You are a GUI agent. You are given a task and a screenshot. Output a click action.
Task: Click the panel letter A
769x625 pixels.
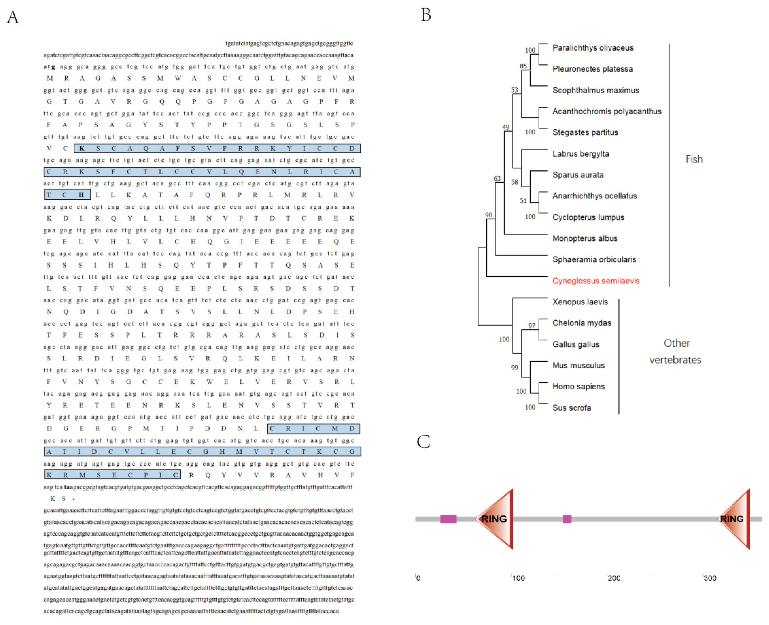[x=13, y=17]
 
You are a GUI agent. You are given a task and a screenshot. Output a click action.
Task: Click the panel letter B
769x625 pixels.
[x=426, y=15]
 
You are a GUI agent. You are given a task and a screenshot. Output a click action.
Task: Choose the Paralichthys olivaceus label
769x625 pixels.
[x=593, y=48]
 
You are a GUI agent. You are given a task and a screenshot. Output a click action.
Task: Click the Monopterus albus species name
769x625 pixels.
[x=585, y=238]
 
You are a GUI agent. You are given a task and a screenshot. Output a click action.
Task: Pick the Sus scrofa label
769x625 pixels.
[x=572, y=408]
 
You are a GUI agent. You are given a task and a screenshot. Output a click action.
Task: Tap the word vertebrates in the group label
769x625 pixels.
[x=675, y=360]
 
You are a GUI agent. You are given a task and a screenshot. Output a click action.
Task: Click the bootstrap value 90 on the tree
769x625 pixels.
[x=488, y=215]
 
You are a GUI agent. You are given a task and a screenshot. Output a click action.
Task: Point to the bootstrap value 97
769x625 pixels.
[x=532, y=325]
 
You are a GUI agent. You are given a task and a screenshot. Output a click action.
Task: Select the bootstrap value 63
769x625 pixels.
[x=497, y=178]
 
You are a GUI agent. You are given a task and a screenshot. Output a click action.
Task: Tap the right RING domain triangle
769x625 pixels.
[x=734, y=519]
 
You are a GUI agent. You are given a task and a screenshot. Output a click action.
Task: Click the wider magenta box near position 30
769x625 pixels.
[x=448, y=519]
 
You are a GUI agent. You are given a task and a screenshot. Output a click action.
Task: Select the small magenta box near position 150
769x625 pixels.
[x=567, y=519]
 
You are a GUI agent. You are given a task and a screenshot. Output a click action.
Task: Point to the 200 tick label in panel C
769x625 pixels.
[x=614, y=578]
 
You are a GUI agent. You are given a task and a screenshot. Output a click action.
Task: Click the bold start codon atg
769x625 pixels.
[x=49, y=67]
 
